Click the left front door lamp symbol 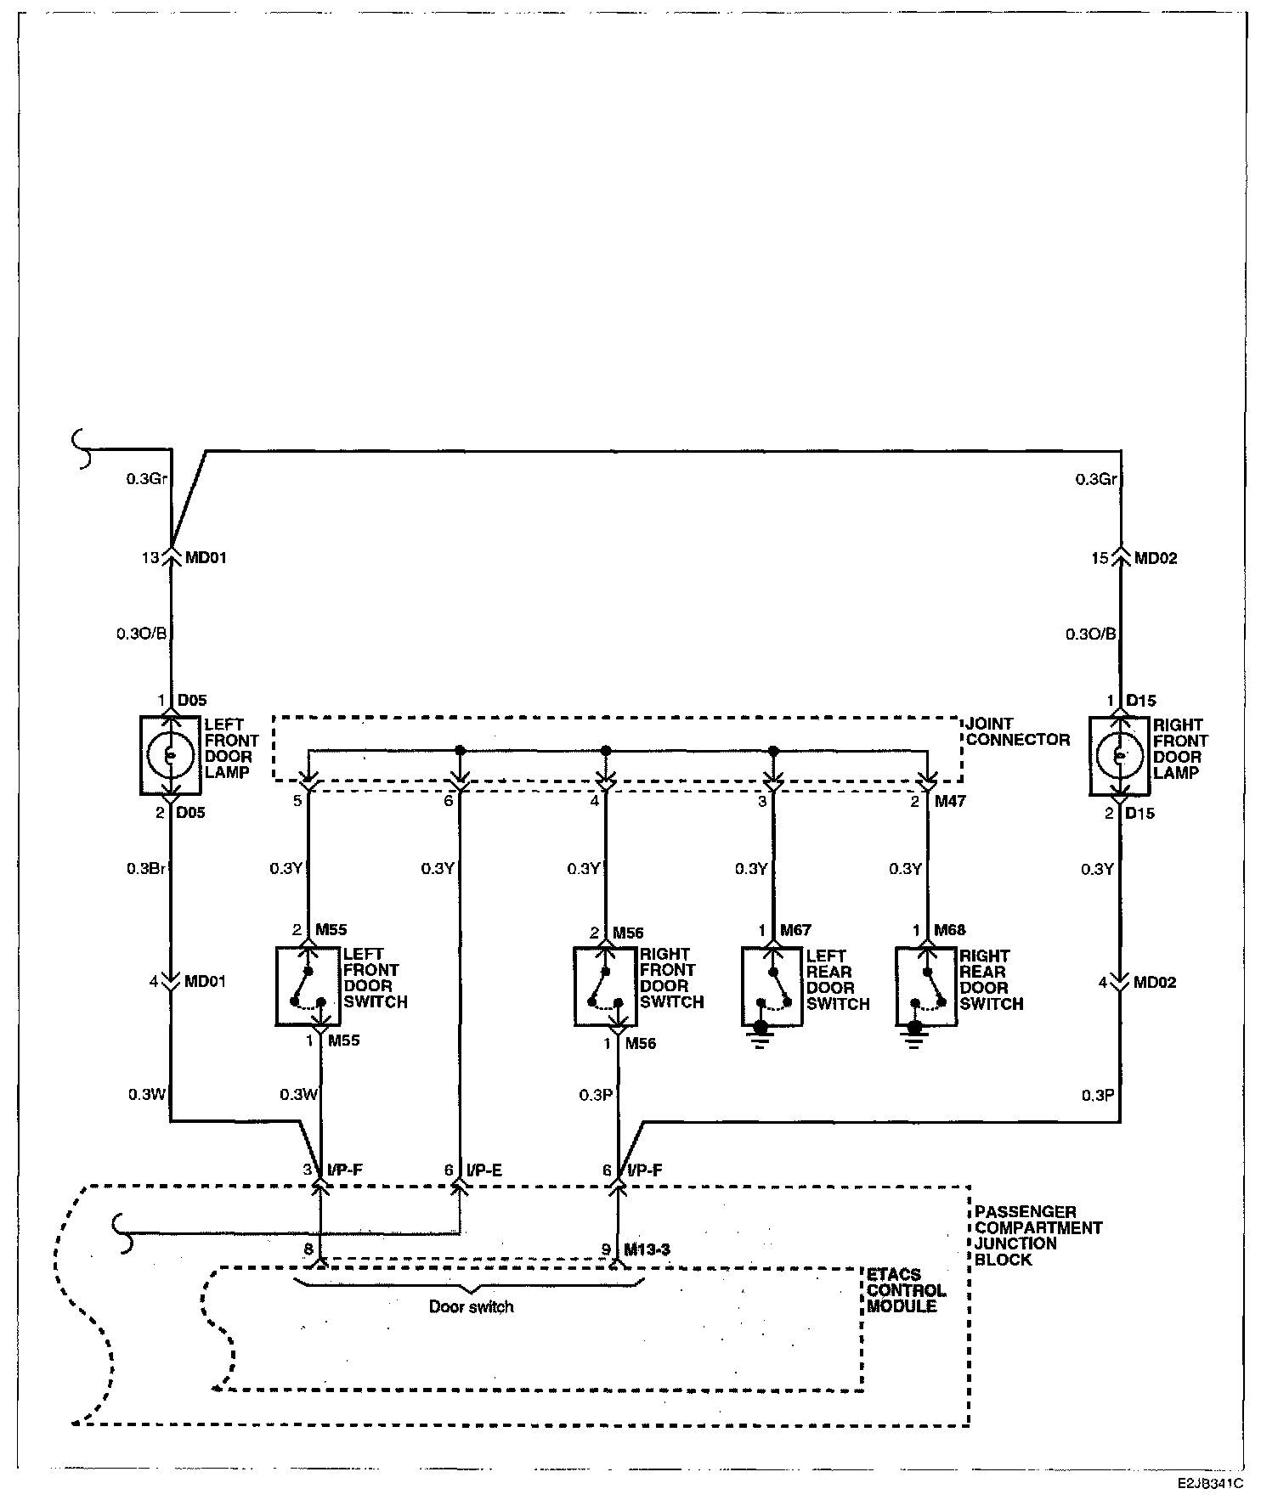pos(170,755)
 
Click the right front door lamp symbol pos(1121,756)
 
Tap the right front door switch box pos(605,986)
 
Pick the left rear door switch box pos(772,986)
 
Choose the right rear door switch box pos(926,986)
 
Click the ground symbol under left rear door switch pos(761,1035)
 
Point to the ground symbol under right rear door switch pos(914,1035)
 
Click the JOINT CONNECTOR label pos(1017,731)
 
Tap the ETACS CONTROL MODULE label pos(906,1291)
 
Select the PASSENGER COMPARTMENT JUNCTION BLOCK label pos(1038,1235)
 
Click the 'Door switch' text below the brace pos(472,1306)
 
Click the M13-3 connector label pos(647,1249)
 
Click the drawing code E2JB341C pos(1210,1483)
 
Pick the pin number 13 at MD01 pos(150,558)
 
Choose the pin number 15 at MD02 pos(1100,558)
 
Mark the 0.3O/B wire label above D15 pos(1090,634)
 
